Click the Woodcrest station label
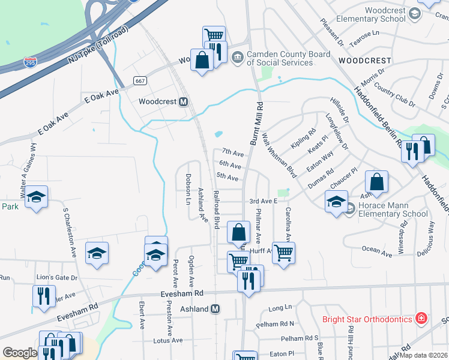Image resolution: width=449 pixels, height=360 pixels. (158, 101)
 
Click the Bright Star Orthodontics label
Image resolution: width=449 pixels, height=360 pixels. (367, 319)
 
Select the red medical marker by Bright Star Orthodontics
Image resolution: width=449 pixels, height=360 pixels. (421, 318)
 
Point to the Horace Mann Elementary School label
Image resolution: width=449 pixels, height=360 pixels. (393, 209)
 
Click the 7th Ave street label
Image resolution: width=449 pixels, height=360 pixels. (232, 152)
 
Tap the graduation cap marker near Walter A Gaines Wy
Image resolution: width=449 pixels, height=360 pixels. (37, 197)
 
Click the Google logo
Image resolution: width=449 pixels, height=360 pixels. (20, 353)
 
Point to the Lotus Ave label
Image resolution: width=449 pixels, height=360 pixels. (168, 340)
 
